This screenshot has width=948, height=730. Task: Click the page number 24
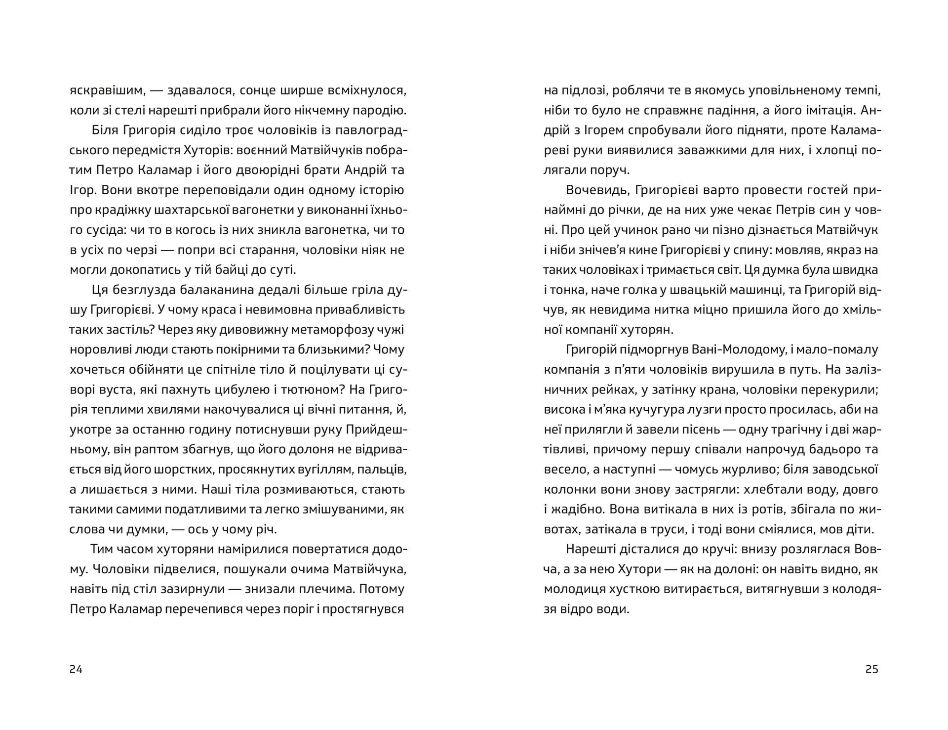76,670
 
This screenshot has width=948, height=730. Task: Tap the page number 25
872,670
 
